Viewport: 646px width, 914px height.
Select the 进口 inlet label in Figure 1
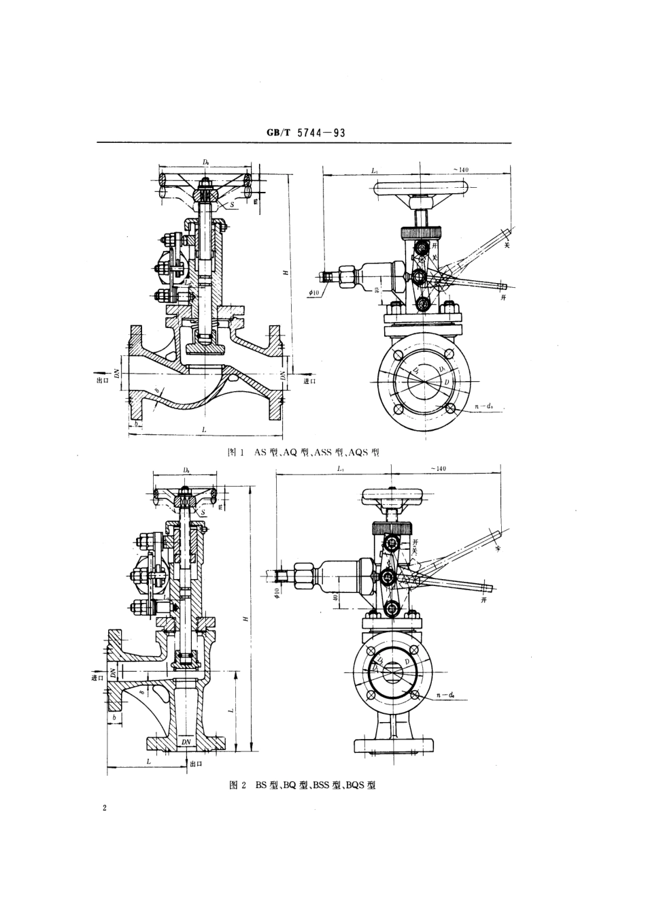pyautogui.click(x=310, y=381)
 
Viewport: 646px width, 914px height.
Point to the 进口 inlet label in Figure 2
pyautogui.click(x=97, y=677)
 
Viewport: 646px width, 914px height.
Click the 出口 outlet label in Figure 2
pyautogui.click(x=196, y=764)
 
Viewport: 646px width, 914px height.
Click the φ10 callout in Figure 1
pyautogui.click(x=313, y=292)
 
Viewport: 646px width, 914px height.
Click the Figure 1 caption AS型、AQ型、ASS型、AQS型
pyautogui.click(x=303, y=452)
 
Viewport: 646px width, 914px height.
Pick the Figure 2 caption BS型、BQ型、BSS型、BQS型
pyautogui.click(x=303, y=785)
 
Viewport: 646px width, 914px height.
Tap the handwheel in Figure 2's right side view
pyautogui.click(x=390, y=495)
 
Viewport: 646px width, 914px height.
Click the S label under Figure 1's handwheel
pyautogui.click(x=231, y=203)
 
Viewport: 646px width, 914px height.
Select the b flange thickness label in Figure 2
pyautogui.click(x=114, y=717)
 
